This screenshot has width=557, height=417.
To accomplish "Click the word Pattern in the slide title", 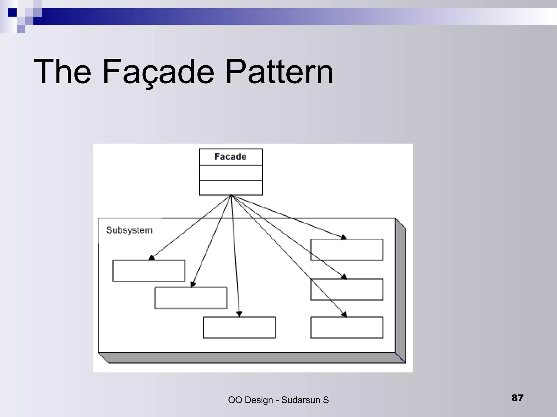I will (x=279, y=72).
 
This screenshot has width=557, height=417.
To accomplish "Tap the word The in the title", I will (x=62, y=72).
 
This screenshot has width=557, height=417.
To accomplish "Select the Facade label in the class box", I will (x=230, y=156).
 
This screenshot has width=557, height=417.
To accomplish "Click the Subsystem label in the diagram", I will (x=129, y=230).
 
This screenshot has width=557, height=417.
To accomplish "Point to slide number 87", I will (x=517, y=398).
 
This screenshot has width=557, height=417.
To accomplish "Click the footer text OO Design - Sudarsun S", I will (x=278, y=400).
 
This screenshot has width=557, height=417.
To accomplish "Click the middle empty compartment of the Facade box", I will (x=231, y=173).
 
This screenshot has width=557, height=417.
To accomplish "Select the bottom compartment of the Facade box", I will (x=231, y=187).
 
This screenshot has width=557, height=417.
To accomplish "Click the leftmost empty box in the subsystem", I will (x=148, y=271).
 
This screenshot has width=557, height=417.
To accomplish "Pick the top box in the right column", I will (x=346, y=249).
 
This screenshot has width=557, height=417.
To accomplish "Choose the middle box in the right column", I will (x=346, y=289).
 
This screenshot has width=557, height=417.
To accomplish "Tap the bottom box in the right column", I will (x=346, y=327).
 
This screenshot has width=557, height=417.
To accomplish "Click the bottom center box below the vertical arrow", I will (x=239, y=327).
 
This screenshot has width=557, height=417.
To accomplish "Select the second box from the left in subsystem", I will (x=191, y=298).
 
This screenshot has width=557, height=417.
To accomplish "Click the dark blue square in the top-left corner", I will (x=12, y=12).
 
